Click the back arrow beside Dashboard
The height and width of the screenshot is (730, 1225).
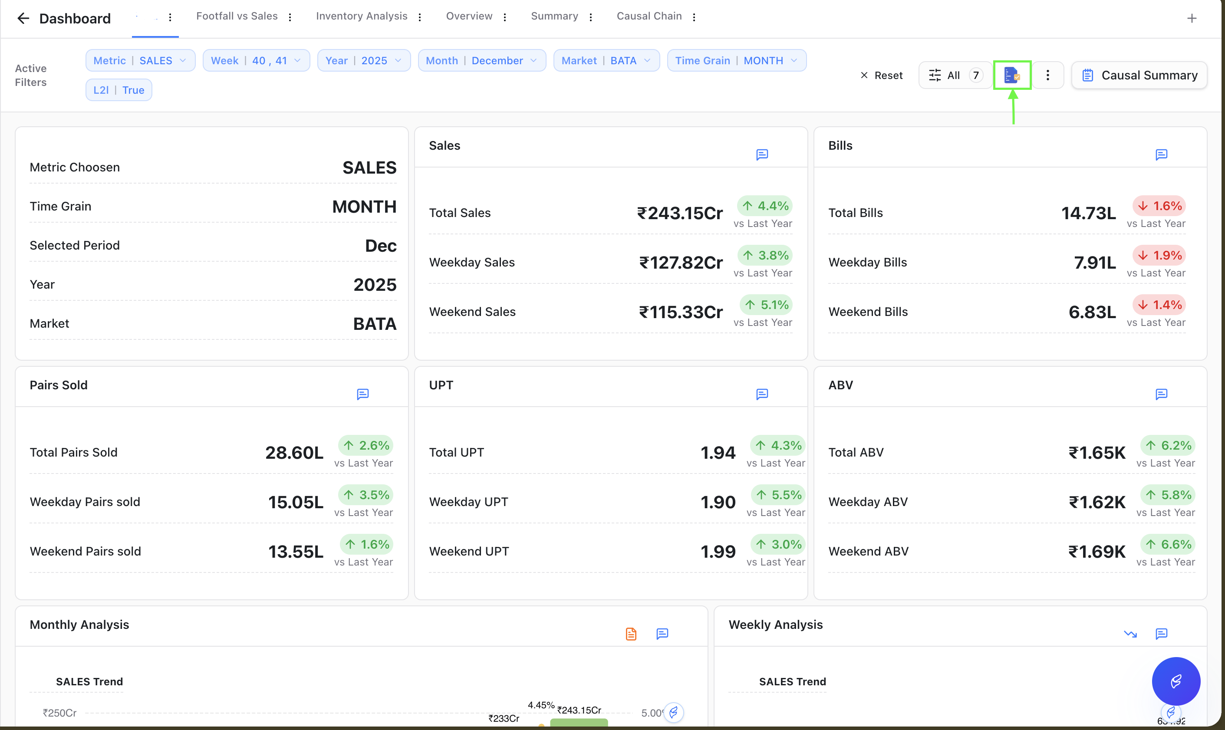click(23, 19)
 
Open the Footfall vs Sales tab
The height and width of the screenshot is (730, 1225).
click(237, 16)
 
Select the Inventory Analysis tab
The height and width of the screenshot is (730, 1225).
click(362, 16)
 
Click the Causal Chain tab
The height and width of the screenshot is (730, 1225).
click(649, 16)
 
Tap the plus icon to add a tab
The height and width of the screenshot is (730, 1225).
click(1192, 19)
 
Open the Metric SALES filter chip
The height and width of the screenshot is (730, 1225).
click(140, 60)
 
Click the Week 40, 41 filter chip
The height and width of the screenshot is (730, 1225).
click(256, 60)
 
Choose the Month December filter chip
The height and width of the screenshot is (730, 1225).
click(482, 60)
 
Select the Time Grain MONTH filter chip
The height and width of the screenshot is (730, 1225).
click(737, 60)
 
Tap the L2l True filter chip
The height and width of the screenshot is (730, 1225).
click(119, 90)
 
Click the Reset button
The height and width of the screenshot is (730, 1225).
click(881, 75)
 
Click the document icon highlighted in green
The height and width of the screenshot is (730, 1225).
click(1012, 75)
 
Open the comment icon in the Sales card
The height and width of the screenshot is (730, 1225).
click(762, 155)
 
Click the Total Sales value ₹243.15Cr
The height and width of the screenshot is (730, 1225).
click(680, 213)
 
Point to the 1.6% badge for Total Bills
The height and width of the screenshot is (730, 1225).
click(1159, 206)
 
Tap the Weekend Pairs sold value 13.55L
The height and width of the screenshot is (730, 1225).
click(296, 552)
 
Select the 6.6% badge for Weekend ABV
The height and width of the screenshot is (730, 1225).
click(1169, 545)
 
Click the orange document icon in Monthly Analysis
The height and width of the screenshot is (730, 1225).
click(631, 634)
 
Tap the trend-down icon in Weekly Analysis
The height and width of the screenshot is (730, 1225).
click(1130, 634)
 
